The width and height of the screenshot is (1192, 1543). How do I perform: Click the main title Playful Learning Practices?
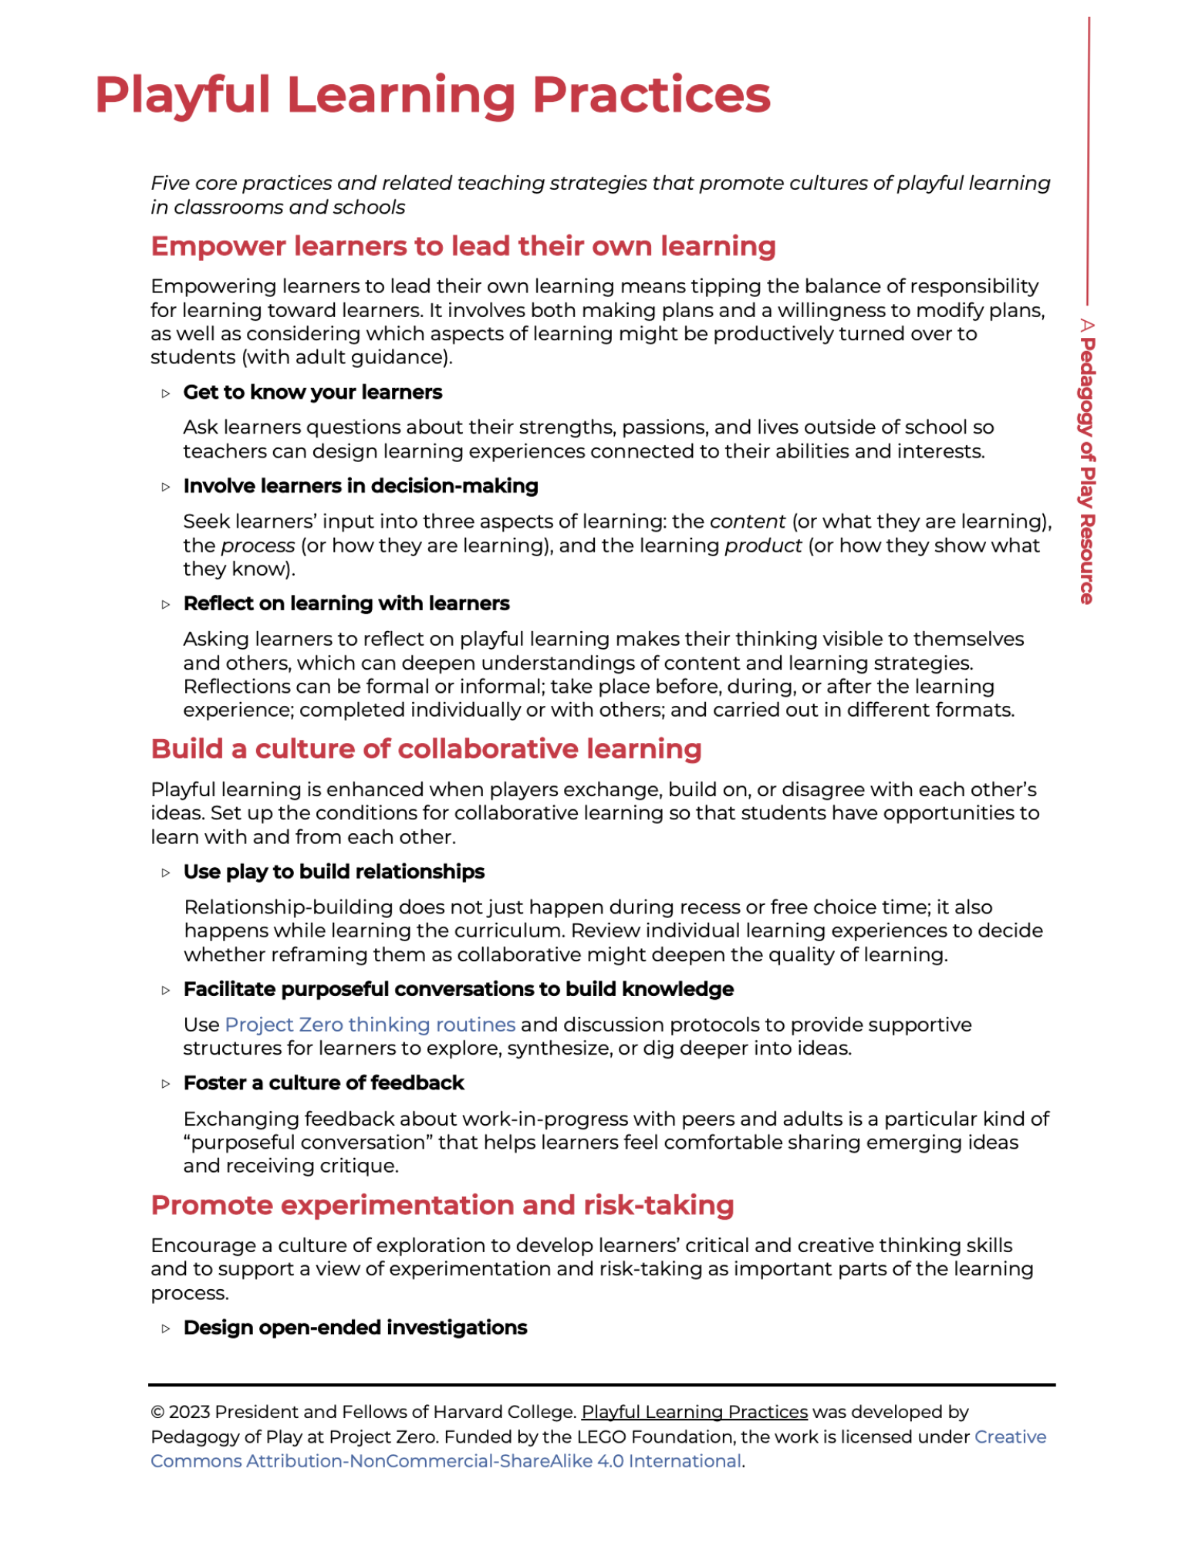click(432, 95)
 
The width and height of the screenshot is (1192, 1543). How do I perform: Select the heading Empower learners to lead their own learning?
click(463, 246)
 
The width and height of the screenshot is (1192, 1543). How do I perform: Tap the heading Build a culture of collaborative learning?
click(426, 748)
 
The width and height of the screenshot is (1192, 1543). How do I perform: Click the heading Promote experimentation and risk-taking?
click(442, 1204)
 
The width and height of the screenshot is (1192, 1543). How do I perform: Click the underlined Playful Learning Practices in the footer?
click(694, 1411)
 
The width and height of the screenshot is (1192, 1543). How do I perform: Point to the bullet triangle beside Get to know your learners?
click(166, 393)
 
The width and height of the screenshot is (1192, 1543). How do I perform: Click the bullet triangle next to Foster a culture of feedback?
click(166, 1084)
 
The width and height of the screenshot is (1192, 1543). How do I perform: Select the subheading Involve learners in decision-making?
click(360, 486)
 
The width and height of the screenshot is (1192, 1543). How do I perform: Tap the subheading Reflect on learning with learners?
click(346, 603)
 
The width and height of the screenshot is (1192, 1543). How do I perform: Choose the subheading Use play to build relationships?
click(333, 872)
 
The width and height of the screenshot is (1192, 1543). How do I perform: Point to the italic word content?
click(747, 522)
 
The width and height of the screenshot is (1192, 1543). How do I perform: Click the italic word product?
click(763, 545)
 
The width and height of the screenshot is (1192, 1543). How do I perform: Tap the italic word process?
click(258, 545)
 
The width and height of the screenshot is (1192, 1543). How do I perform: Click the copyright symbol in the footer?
click(157, 1412)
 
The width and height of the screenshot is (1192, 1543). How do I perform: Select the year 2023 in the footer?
click(189, 1412)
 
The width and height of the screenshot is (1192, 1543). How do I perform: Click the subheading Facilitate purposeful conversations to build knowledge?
click(458, 989)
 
